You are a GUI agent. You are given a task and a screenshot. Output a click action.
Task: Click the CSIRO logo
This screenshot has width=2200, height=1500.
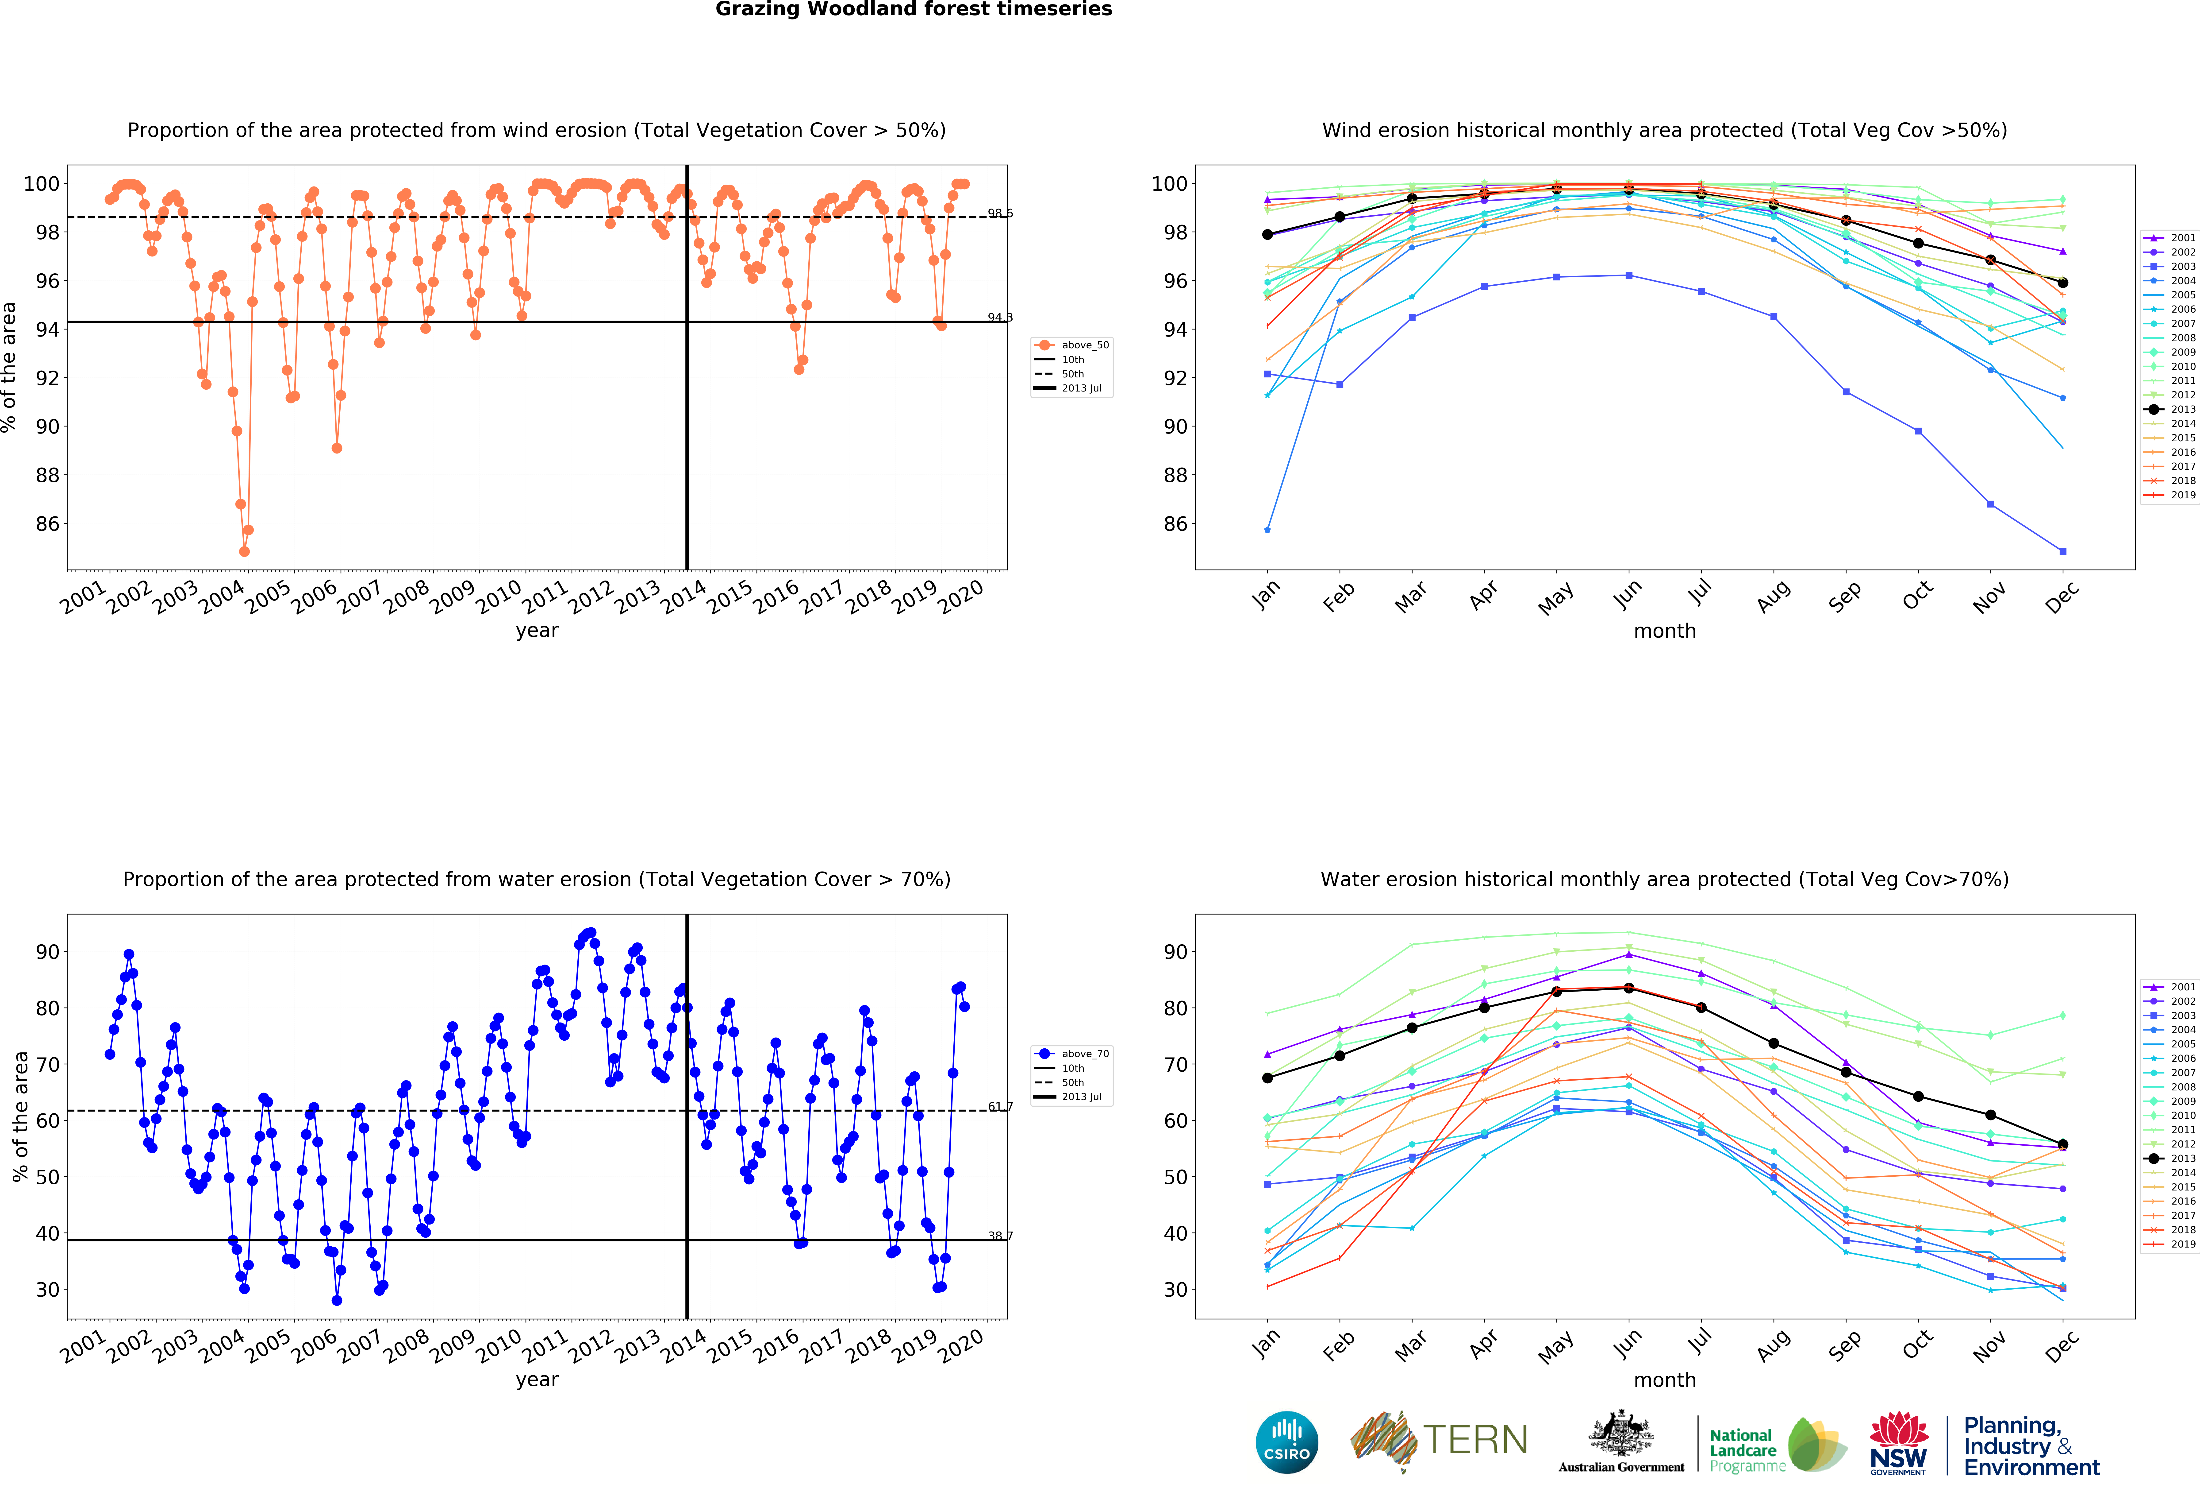tap(1286, 1442)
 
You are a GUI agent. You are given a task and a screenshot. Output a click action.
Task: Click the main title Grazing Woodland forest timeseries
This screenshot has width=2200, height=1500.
tap(914, 9)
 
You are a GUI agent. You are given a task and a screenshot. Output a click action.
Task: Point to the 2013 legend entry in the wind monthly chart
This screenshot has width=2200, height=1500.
tap(2174, 409)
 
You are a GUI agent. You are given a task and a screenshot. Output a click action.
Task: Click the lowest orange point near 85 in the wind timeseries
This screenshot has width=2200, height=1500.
tap(244, 551)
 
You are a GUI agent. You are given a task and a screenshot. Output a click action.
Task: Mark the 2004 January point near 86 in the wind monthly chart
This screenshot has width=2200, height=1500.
tap(1267, 529)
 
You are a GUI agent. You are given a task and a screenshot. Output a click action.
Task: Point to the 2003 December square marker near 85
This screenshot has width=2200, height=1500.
tap(2063, 551)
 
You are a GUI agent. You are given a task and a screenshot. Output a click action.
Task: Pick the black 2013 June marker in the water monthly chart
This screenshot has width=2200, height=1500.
tap(1628, 989)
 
